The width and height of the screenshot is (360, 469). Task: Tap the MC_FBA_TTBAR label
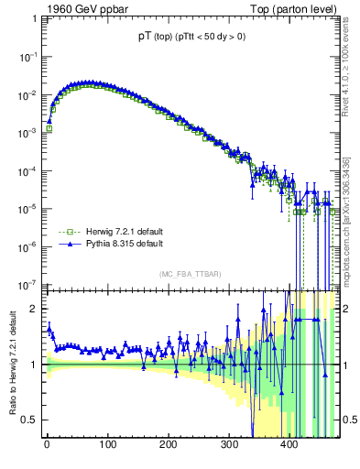[190, 275]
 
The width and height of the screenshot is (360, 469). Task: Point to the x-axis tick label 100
[107, 447]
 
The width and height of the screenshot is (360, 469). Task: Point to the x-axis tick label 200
[168, 447]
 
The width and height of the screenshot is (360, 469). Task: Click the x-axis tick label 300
[228, 447]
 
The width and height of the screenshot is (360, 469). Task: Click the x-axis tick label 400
[289, 447]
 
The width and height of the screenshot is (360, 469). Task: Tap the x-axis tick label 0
[47, 447]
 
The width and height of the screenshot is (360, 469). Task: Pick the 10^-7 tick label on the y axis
[28, 283]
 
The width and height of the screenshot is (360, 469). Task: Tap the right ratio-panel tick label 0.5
[348, 420]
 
